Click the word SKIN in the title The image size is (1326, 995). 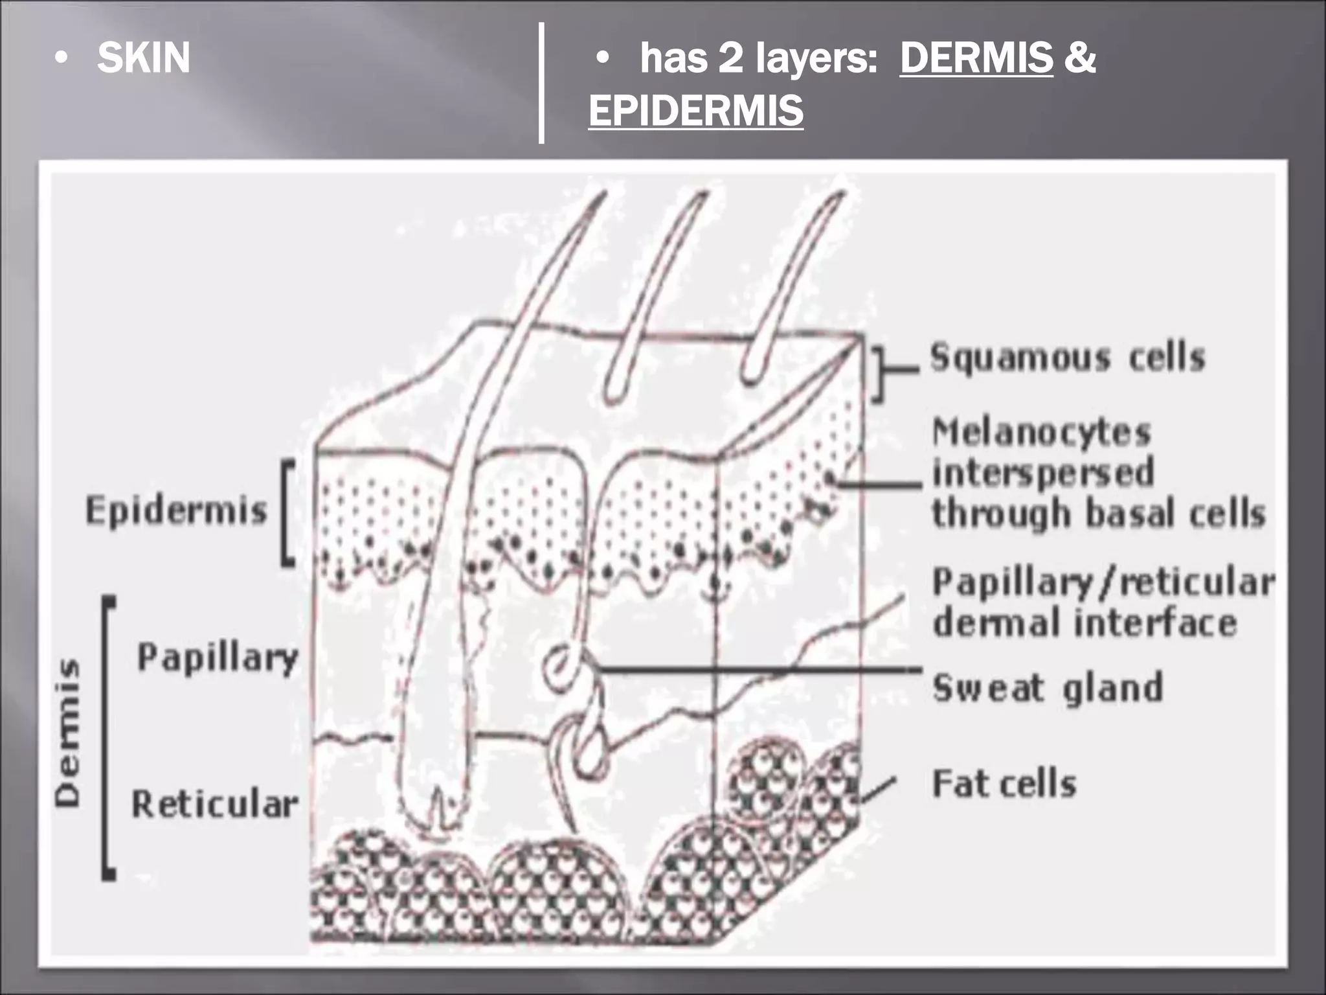(x=143, y=58)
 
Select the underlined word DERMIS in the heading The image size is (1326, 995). (x=976, y=58)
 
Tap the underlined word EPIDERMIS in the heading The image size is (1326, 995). (x=696, y=111)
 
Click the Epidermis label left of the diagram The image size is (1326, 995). (x=176, y=510)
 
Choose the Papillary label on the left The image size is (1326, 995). (x=218, y=658)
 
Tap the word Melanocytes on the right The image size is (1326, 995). (x=1041, y=432)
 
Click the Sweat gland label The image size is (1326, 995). (x=1048, y=687)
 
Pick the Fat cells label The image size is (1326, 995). (x=1004, y=784)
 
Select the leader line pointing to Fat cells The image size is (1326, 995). (x=877, y=790)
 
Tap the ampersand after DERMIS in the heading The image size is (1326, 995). (x=1079, y=58)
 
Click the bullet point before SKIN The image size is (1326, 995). (x=61, y=59)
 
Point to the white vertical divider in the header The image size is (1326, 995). (x=541, y=82)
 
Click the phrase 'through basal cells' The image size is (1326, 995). (x=1098, y=514)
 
